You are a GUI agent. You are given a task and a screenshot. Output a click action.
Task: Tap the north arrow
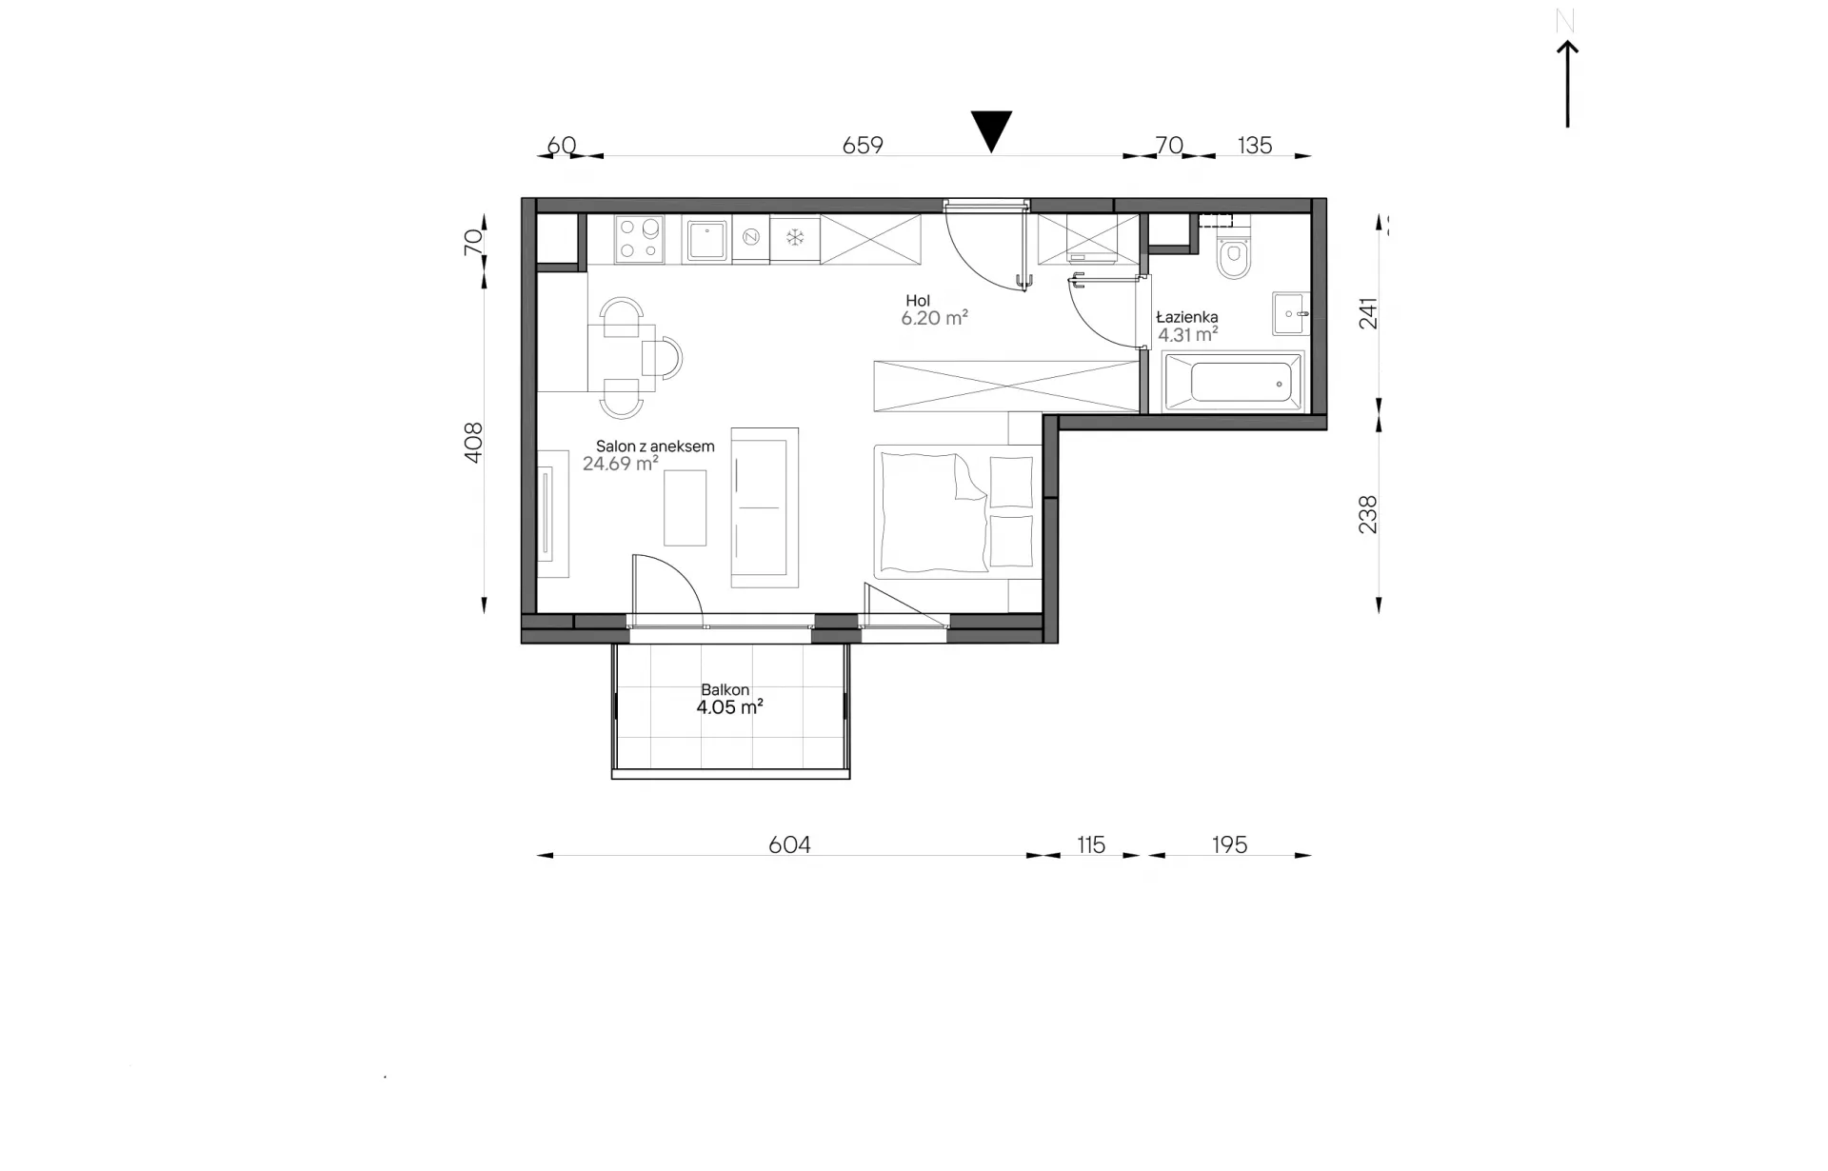[x=1567, y=84]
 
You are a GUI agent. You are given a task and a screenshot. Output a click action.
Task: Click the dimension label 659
[x=863, y=145]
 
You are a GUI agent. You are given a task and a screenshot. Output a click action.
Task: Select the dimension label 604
[x=789, y=844]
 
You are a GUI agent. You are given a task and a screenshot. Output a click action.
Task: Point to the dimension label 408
[x=473, y=443]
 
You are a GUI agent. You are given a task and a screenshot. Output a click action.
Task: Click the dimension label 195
[x=1229, y=844]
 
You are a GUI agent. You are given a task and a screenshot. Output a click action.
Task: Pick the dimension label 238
[x=1367, y=514]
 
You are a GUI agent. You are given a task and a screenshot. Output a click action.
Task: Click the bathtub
[x=1233, y=382]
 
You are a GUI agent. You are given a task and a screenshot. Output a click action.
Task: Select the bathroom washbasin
[x=1291, y=313]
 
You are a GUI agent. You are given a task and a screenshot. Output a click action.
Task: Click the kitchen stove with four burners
[x=640, y=240]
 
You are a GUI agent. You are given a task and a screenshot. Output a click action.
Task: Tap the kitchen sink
[x=706, y=240]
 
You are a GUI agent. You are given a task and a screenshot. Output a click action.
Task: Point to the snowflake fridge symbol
[x=795, y=237]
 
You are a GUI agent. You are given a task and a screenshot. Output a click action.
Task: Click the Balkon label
[x=725, y=689]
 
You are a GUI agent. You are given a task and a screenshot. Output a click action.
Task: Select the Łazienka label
[x=1187, y=317]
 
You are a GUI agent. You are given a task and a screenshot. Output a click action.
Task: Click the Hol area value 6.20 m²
[x=934, y=318]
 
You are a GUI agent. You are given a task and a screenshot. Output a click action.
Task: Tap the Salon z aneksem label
[x=655, y=447]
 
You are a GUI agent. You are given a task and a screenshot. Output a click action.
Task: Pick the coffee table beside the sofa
[x=685, y=508]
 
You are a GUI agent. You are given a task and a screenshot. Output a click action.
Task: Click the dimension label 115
[x=1091, y=844]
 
